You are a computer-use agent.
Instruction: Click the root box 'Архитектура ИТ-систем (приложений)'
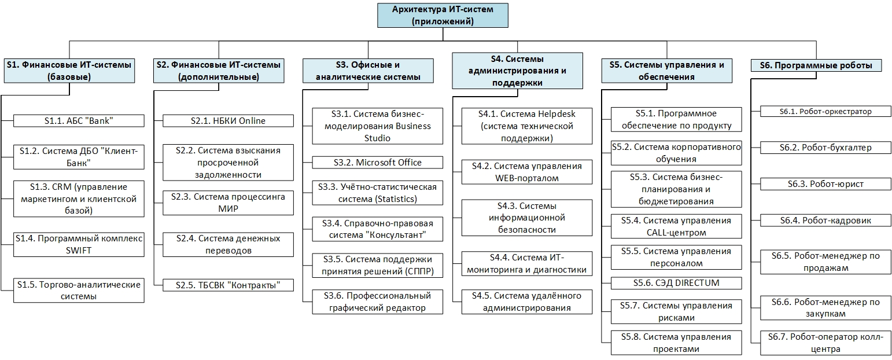[x=443, y=16]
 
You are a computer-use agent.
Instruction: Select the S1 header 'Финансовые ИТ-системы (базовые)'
[x=69, y=71]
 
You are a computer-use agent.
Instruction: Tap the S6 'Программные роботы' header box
[x=816, y=65]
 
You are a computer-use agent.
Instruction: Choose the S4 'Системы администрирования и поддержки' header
[x=517, y=71]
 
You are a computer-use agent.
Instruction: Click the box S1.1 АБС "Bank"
[x=79, y=120]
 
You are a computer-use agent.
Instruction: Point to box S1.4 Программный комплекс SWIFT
[x=79, y=244]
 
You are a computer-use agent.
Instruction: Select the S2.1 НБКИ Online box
[x=228, y=120]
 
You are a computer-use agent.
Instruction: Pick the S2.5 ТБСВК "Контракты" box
[x=228, y=285]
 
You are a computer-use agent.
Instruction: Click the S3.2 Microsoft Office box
[x=377, y=163]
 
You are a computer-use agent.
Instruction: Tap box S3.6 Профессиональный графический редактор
[x=377, y=302]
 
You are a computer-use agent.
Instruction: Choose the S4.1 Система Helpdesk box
[x=526, y=126]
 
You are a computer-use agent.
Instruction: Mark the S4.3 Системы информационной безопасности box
[x=526, y=218]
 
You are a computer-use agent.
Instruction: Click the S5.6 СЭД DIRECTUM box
[x=676, y=283]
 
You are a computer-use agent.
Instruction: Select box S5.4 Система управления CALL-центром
[x=676, y=226]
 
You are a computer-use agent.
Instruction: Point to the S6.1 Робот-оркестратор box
[x=825, y=111]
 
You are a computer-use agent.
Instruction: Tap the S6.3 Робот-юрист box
[x=825, y=184]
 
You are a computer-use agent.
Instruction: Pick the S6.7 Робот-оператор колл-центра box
[x=825, y=343]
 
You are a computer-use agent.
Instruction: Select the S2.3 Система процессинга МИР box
[x=228, y=203]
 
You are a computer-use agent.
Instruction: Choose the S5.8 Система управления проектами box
[x=676, y=343]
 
